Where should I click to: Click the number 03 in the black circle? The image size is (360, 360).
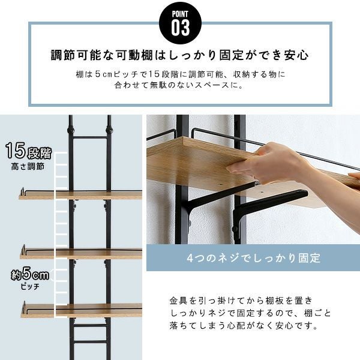(x=180, y=28)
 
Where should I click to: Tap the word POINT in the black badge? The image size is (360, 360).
(x=180, y=14)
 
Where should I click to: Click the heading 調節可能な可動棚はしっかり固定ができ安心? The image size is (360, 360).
(x=180, y=55)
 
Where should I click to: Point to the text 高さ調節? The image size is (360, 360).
(x=28, y=166)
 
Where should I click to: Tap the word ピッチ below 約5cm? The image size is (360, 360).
(x=30, y=287)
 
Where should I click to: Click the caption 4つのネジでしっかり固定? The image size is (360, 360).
(x=253, y=258)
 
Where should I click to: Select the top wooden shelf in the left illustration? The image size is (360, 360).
(x=80, y=195)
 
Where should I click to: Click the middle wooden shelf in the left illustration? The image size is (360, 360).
(x=81, y=254)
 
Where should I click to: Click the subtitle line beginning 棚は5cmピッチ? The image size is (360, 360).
(x=181, y=74)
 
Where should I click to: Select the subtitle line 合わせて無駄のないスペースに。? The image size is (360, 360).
(x=179, y=85)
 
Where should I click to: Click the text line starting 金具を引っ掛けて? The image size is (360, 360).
(x=241, y=301)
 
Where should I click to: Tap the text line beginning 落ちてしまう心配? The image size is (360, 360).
(x=244, y=326)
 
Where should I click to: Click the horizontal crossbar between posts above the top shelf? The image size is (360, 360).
(x=90, y=137)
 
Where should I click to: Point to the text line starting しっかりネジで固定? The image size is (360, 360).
(x=250, y=313)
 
